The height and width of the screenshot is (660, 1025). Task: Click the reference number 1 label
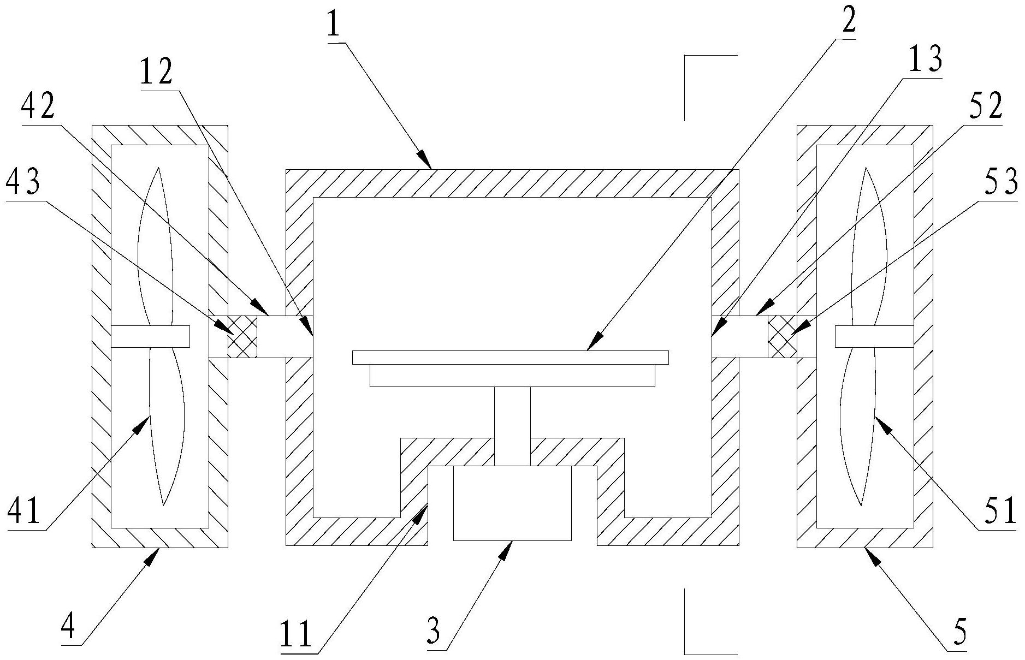pyautogui.click(x=334, y=21)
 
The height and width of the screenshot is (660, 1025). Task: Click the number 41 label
pyautogui.click(x=24, y=512)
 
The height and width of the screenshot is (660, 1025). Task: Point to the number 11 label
pyautogui.click(x=296, y=634)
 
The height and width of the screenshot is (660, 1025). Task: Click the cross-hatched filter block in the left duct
pyautogui.click(x=242, y=337)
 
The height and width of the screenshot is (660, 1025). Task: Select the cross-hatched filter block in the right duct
pyautogui.click(x=782, y=337)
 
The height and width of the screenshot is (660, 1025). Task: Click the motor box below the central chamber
pyautogui.click(x=512, y=503)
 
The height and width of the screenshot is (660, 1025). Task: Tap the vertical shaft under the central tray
pyautogui.click(x=512, y=426)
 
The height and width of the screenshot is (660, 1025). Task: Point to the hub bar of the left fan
pyautogui.click(x=150, y=336)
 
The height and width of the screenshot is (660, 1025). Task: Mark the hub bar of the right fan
pyautogui.click(x=874, y=336)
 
